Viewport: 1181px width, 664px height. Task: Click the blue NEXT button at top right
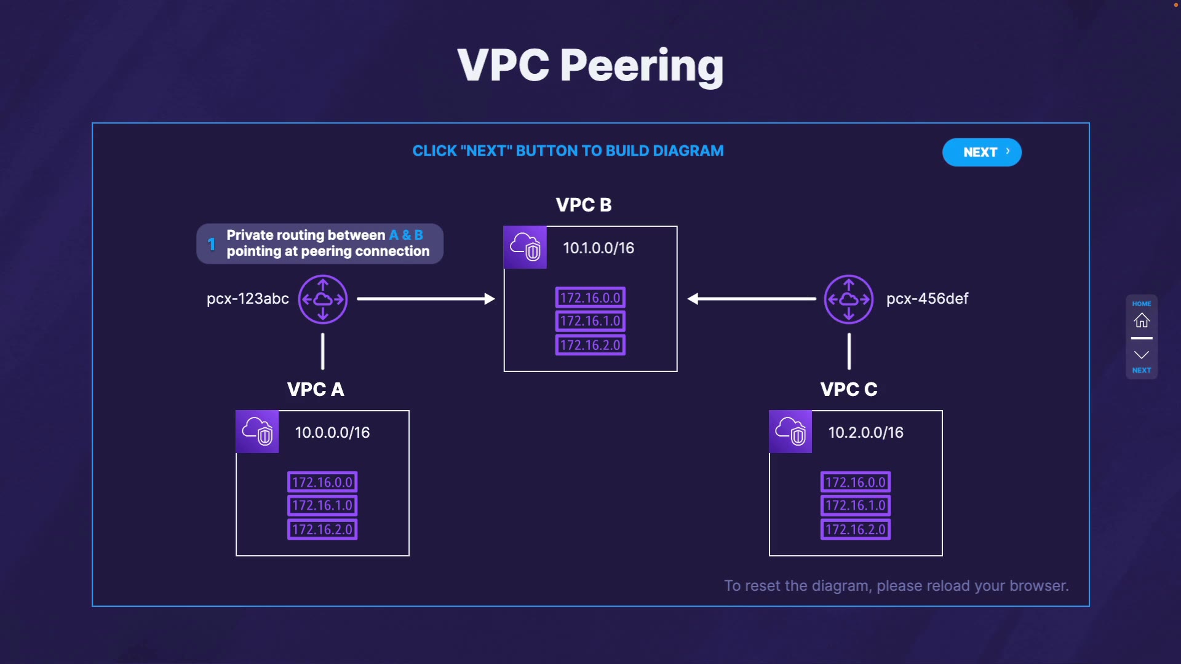[x=982, y=152]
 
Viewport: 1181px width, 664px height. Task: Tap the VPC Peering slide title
[x=590, y=65]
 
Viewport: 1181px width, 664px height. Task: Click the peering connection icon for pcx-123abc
[x=323, y=299]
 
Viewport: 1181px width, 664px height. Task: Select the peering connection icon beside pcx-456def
[x=848, y=299]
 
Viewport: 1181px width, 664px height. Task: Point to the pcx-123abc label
[x=248, y=299]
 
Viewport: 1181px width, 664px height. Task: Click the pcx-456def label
[x=927, y=299]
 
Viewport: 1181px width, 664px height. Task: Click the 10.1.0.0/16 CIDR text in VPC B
[x=598, y=248]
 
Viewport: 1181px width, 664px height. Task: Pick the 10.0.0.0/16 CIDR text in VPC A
[x=332, y=433]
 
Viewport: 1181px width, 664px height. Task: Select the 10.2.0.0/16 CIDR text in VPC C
[x=865, y=433]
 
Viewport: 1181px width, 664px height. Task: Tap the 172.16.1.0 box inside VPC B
[x=590, y=321]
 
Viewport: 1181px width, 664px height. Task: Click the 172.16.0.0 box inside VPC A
[x=322, y=482]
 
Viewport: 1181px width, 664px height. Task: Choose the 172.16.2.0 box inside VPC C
[x=856, y=529]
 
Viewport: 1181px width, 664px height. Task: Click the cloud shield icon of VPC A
[x=257, y=432]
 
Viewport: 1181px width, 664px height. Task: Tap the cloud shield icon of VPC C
[x=790, y=432]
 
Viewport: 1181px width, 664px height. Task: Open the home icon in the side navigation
[x=1142, y=320]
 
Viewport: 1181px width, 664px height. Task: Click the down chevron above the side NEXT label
[x=1142, y=355]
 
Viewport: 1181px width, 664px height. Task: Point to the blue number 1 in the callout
[x=212, y=244]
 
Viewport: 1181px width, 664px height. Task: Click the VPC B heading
[x=583, y=205]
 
